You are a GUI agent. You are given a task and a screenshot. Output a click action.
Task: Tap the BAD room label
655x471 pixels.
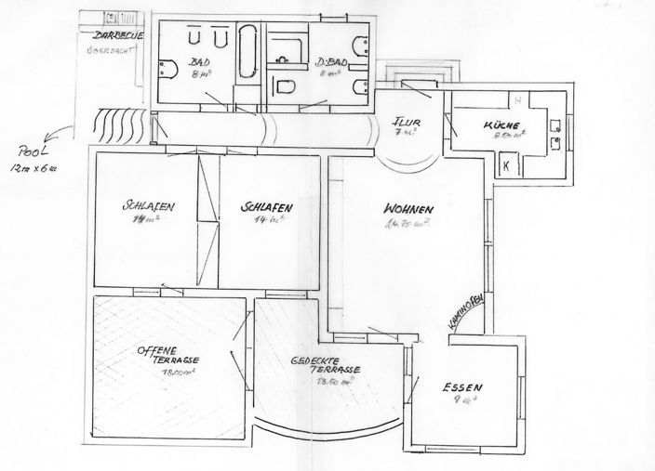(200, 60)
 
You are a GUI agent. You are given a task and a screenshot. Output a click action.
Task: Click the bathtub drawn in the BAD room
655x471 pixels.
(248, 52)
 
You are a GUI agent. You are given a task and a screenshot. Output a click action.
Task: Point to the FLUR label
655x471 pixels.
(403, 121)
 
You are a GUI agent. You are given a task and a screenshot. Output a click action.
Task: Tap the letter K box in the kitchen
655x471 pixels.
(508, 164)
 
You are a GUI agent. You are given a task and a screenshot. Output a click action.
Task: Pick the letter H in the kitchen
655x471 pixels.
(518, 99)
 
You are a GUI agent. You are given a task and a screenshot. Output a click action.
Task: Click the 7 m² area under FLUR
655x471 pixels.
(403, 133)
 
